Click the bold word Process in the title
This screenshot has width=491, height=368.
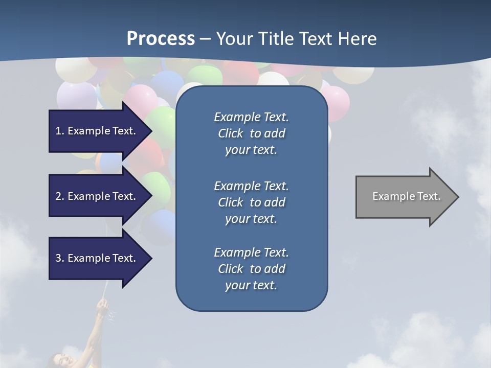point(161,39)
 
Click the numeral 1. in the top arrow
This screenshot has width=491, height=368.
point(59,131)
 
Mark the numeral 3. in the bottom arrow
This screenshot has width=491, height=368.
point(59,258)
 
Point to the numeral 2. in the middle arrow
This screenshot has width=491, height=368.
point(59,196)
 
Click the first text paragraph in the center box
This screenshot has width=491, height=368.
point(251,133)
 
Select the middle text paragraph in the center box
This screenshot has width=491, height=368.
point(251,202)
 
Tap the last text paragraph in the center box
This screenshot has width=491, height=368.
point(251,269)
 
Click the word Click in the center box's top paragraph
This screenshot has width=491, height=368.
point(231,133)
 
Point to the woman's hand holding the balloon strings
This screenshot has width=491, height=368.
point(103,307)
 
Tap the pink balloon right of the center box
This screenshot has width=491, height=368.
point(337,102)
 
